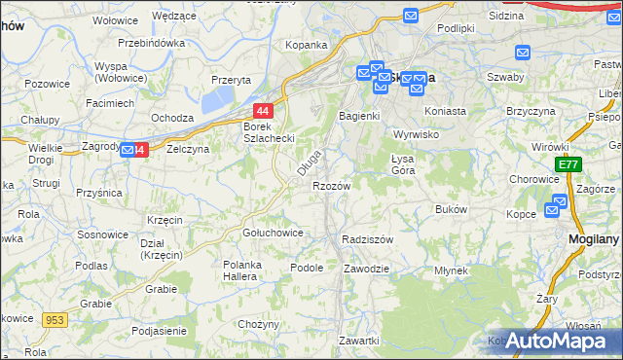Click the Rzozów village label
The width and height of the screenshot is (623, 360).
(331, 185)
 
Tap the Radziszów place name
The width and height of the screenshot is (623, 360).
(367, 239)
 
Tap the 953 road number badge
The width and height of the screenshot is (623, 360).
(55, 319)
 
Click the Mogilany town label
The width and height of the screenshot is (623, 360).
(594, 237)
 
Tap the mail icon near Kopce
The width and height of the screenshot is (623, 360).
(557, 204)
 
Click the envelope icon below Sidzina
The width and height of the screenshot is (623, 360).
(523, 54)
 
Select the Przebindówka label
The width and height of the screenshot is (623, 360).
(151, 43)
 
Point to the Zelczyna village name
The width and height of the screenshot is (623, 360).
(187, 150)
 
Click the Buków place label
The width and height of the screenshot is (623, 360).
(452, 209)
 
